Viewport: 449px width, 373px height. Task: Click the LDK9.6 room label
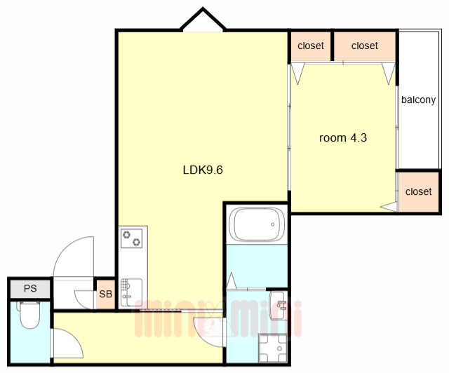[x=203, y=170]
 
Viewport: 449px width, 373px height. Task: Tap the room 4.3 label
[x=343, y=138]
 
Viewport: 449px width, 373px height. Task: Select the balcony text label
[x=418, y=100]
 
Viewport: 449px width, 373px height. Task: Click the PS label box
[x=30, y=288]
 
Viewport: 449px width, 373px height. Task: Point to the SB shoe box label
[x=105, y=294]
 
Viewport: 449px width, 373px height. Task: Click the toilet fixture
[x=29, y=315]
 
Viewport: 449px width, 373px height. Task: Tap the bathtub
[x=257, y=224]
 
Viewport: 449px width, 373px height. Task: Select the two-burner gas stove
[x=131, y=238]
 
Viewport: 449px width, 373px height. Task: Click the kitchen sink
[x=131, y=292]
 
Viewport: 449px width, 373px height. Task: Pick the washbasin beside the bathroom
[x=277, y=306]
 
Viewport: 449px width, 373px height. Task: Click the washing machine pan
[x=273, y=348]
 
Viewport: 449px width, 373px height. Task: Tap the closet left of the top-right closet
[x=311, y=46]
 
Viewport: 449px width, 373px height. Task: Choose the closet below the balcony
[x=418, y=191]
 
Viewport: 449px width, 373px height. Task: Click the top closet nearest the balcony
[x=365, y=46]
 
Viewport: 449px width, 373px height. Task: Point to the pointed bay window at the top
[x=203, y=20]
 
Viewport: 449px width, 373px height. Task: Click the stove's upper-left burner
[x=126, y=235]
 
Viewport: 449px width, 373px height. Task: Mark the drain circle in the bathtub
[x=273, y=224]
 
